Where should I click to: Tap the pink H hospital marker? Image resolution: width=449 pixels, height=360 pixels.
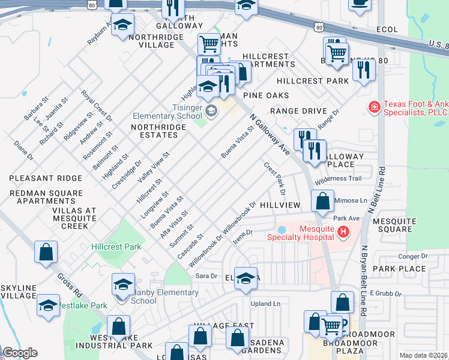(343, 232)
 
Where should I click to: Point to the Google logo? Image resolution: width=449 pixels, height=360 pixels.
(20, 353)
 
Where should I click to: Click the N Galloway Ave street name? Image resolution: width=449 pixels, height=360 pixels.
(270, 136)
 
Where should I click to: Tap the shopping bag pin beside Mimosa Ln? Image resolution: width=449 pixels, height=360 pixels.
(323, 202)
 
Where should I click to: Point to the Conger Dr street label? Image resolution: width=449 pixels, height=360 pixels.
(412, 256)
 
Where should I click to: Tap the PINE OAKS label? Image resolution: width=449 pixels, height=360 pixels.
(266, 95)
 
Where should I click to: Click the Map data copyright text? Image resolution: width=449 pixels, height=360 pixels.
(424, 355)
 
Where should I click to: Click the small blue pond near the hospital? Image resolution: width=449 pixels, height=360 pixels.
(282, 230)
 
